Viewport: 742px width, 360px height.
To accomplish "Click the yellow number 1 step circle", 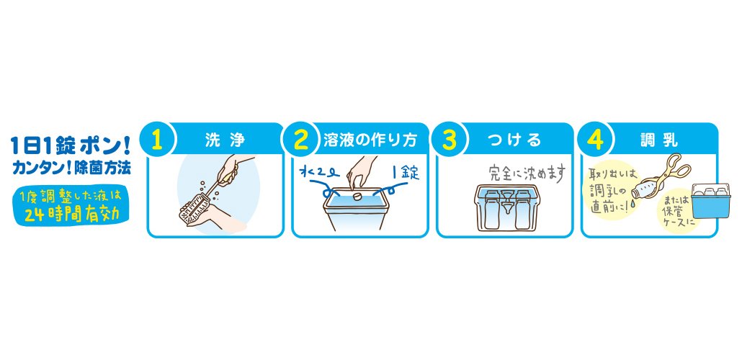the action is pyautogui.click(x=158, y=140).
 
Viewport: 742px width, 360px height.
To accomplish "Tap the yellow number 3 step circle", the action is pyautogui.click(x=450, y=140).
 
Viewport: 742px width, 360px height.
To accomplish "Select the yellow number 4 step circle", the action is pyautogui.click(x=595, y=140).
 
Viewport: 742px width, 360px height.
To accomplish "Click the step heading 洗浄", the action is pyautogui.click(x=225, y=140).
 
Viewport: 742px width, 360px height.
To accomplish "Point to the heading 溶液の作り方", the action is pyautogui.click(x=370, y=140).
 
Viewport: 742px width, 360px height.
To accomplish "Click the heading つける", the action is pyautogui.click(x=514, y=140).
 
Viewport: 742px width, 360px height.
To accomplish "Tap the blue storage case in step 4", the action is pyautogui.click(x=710, y=202).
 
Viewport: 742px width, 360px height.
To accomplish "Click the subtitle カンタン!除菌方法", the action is pyautogui.click(x=70, y=168).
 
